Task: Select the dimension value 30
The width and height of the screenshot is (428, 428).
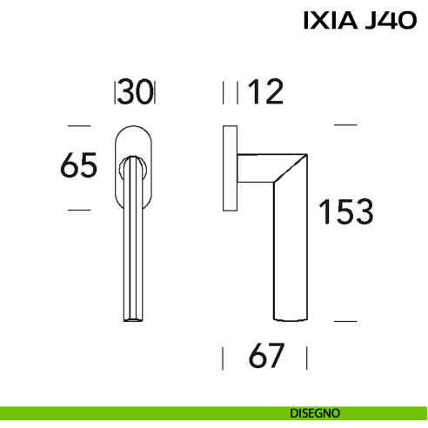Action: (x=135, y=91)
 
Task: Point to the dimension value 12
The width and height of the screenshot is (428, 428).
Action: (x=266, y=91)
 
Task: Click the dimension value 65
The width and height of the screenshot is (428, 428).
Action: (x=78, y=165)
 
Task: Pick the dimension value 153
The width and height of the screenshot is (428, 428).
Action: (x=345, y=211)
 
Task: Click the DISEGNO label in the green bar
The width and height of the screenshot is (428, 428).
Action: (x=315, y=412)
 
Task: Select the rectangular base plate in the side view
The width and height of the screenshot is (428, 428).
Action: (x=231, y=167)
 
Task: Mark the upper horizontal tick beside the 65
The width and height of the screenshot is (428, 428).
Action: (x=79, y=124)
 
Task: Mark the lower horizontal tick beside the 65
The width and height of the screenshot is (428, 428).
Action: (x=79, y=210)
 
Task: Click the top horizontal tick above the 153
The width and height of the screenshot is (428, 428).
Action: (x=345, y=125)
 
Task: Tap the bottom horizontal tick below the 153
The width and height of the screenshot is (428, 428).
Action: (x=345, y=321)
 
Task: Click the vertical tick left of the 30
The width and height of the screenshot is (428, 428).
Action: (x=115, y=92)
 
